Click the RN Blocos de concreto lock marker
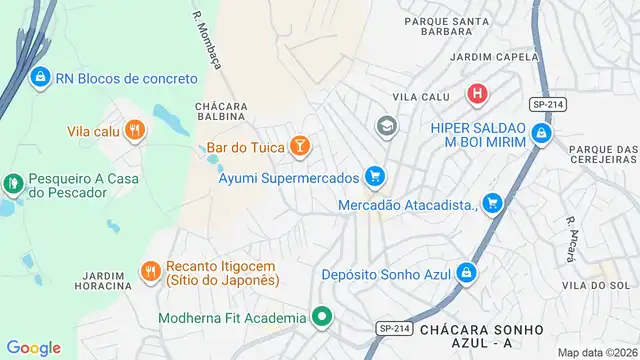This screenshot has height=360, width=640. coord(40,76)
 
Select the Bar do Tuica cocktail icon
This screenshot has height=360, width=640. coord(298,148)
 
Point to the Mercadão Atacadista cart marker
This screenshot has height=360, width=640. coord(491,204)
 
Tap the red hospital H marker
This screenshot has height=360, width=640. coord(478,94)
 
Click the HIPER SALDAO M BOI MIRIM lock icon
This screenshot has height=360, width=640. coord(541,133)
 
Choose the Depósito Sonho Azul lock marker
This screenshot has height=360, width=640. coord(467,272)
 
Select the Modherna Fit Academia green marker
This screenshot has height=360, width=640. coord(321,318)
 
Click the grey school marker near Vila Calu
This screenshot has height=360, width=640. coord(385,126)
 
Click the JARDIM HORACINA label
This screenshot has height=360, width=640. coord(103,280)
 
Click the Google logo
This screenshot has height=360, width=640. coord(33,347)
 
